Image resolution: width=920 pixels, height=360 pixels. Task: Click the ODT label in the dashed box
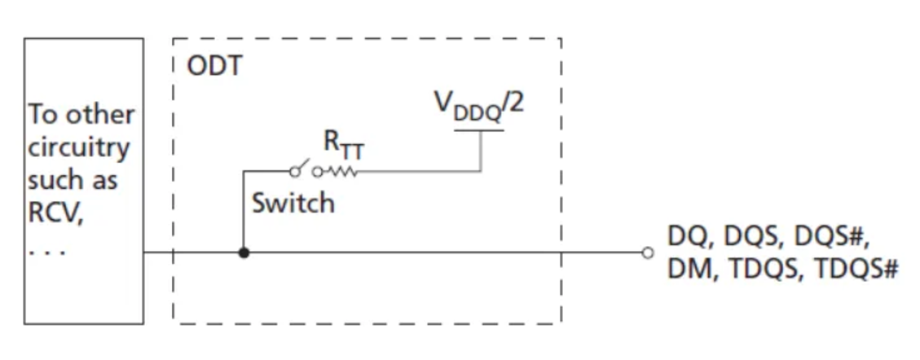tap(215, 65)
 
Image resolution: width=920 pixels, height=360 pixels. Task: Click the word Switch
tap(293, 202)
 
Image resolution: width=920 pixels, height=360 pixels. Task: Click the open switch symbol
tap(302, 169)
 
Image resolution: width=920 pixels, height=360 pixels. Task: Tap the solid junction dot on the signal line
tap(243, 252)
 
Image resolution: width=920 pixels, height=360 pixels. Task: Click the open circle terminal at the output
tap(647, 252)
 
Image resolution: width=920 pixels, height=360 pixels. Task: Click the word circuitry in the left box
tap(78, 148)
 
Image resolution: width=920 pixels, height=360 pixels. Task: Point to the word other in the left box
tap(101, 114)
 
